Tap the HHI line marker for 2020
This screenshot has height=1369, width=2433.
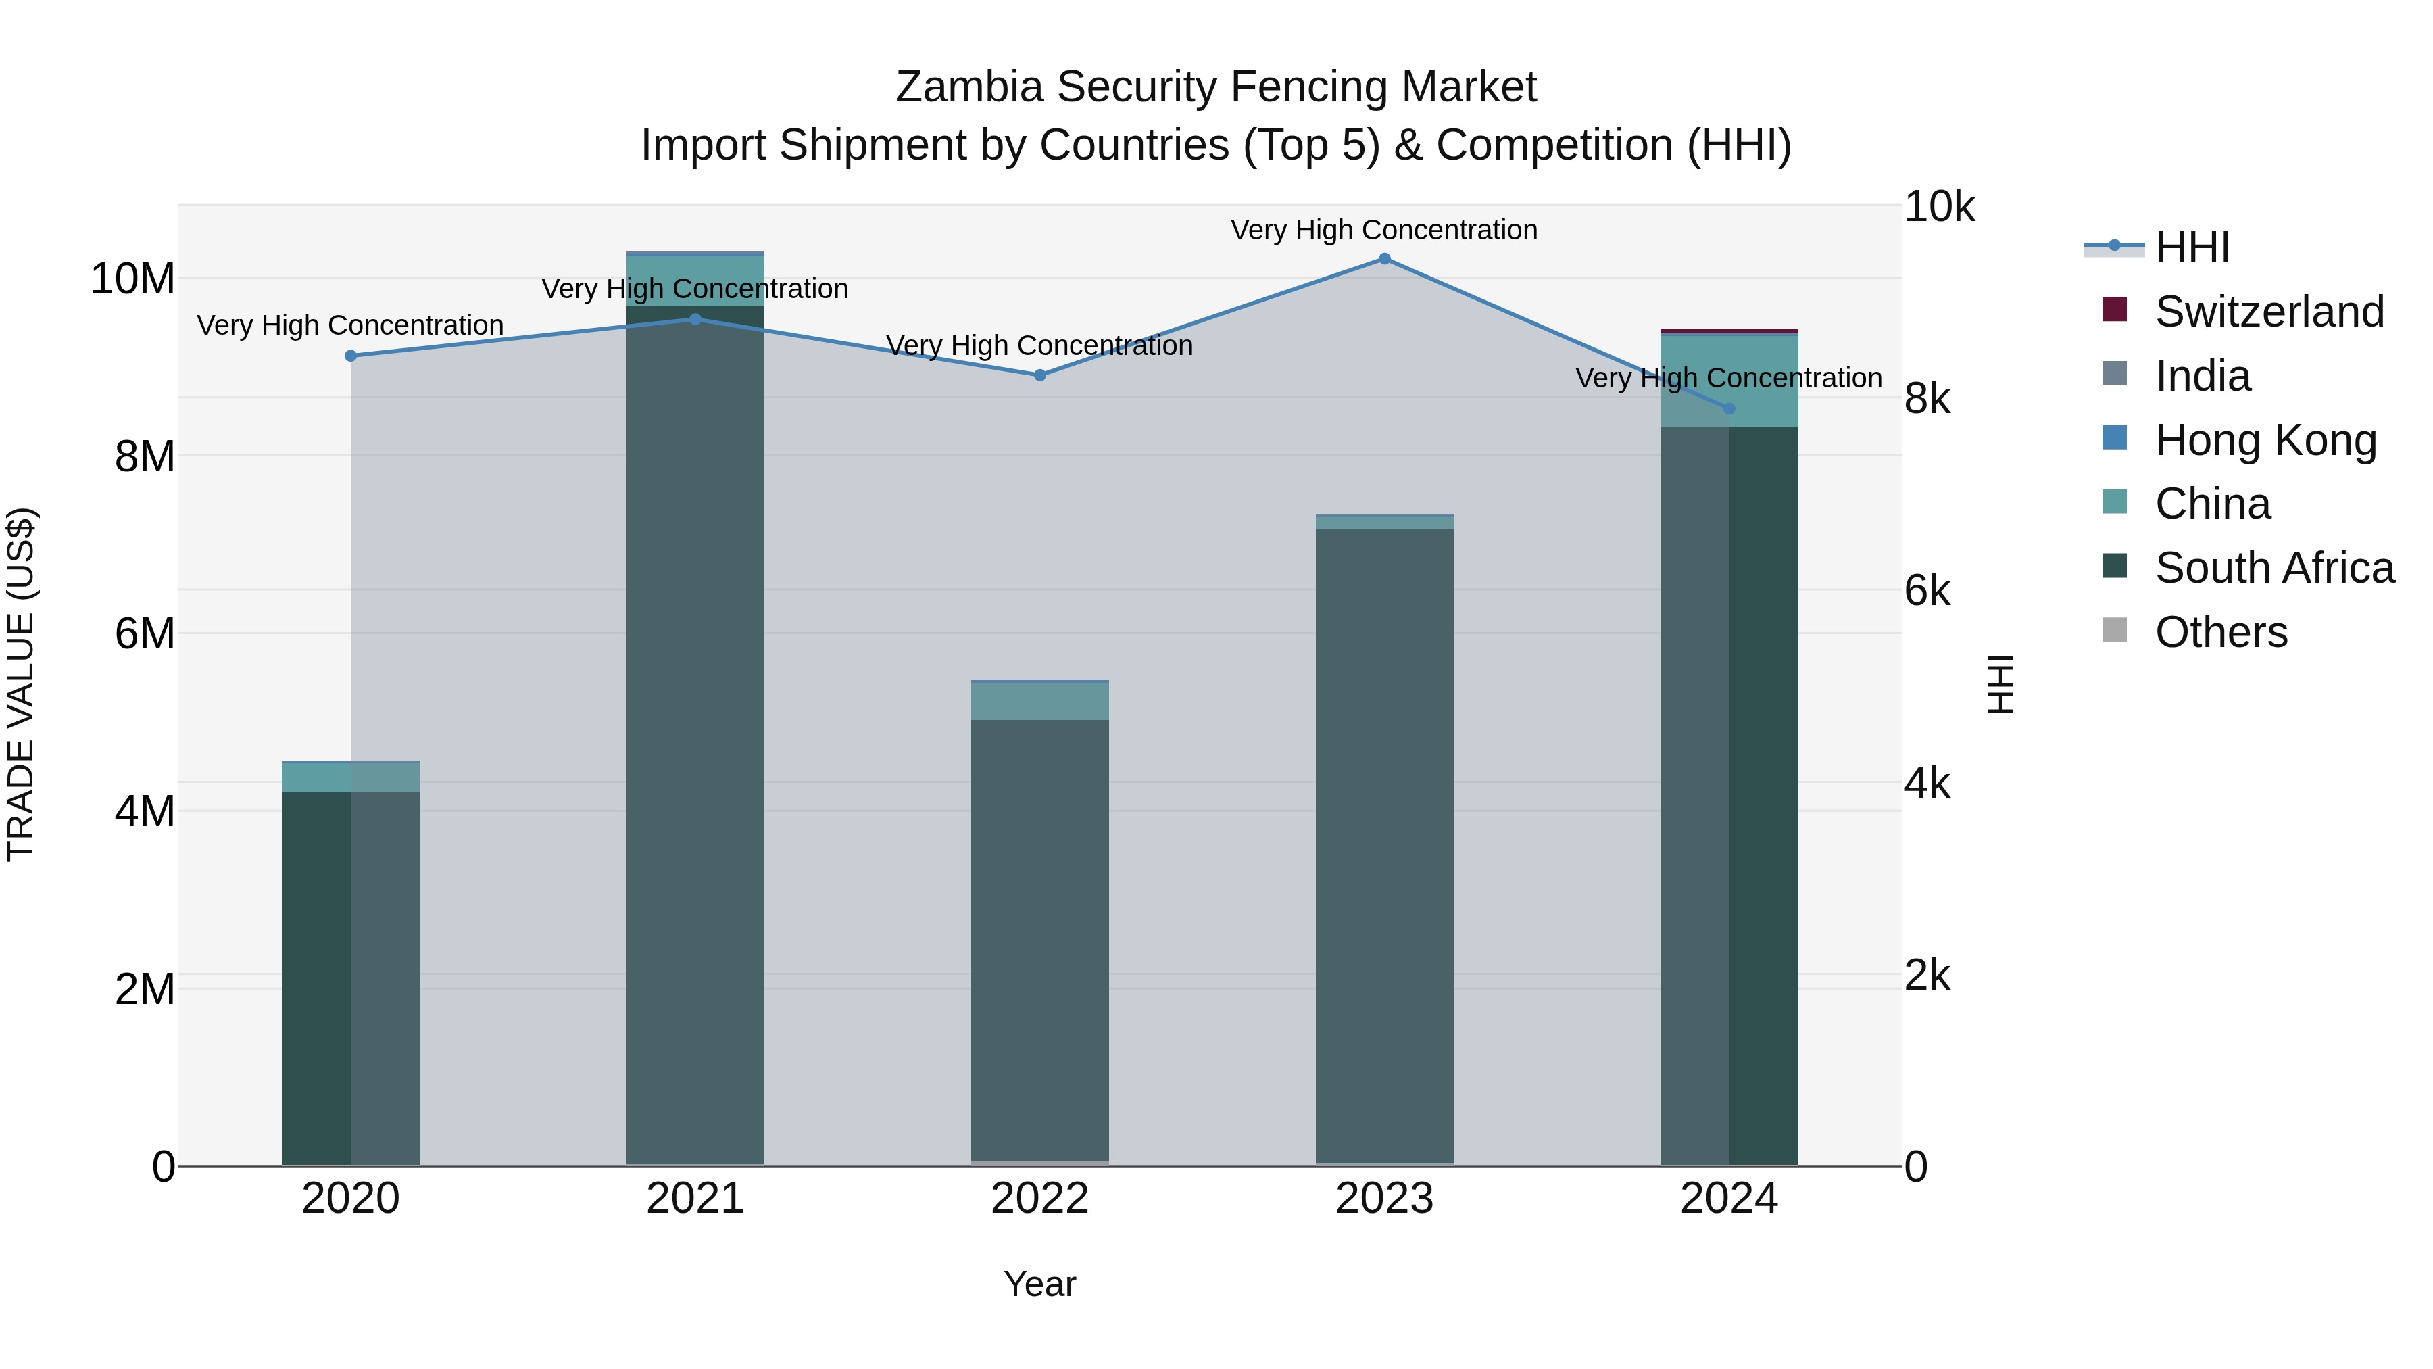(x=350, y=356)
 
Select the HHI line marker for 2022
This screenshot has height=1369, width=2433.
(x=1040, y=375)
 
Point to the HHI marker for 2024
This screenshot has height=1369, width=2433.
(x=1729, y=408)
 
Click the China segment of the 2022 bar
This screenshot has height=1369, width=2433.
(x=1040, y=701)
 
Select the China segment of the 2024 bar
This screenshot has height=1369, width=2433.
(x=1729, y=381)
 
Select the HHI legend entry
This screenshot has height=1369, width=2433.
(x=2191, y=247)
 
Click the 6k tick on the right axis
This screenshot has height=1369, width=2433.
(x=1927, y=592)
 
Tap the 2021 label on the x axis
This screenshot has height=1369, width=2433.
(x=695, y=1199)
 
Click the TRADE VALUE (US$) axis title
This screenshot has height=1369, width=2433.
(x=22, y=684)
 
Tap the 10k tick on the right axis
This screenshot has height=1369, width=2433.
(x=1938, y=207)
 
